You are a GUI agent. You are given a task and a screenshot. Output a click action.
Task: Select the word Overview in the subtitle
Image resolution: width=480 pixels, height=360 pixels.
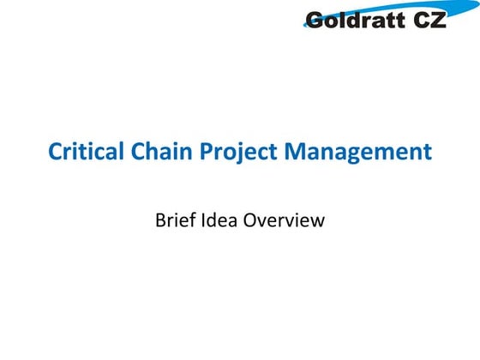285,219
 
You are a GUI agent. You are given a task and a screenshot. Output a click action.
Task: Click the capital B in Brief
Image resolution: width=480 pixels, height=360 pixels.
160,219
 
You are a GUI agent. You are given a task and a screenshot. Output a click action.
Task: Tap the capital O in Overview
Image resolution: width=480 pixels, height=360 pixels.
253,219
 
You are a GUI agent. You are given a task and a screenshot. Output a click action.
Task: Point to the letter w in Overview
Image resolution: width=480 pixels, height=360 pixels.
317,221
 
